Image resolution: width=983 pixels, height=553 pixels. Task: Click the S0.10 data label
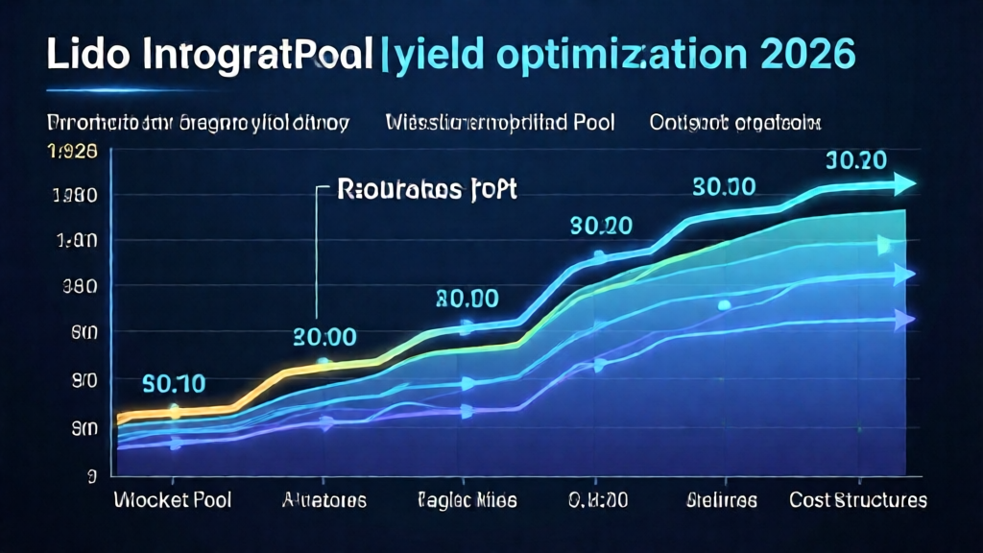pyautogui.click(x=174, y=384)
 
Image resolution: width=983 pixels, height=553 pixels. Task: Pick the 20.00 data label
pyautogui.click(x=324, y=337)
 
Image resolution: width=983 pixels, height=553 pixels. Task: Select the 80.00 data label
pyautogui.click(x=467, y=299)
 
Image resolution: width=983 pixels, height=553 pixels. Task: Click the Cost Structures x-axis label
pyautogui.click(x=858, y=500)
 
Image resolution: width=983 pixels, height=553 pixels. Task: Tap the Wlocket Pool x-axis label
pyautogui.click(x=172, y=500)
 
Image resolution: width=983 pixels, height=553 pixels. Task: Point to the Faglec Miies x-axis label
pyautogui.click(x=467, y=500)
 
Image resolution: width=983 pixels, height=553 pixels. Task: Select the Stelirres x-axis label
pyautogui.click(x=722, y=500)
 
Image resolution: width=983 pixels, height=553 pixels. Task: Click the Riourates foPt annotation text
pyautogui.click(x=428, y=189)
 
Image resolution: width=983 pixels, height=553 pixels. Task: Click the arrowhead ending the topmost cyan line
pyautogui.click(x=906, y=183)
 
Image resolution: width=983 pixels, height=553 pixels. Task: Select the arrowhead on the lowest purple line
pyautogui.click(x=904, y=320)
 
